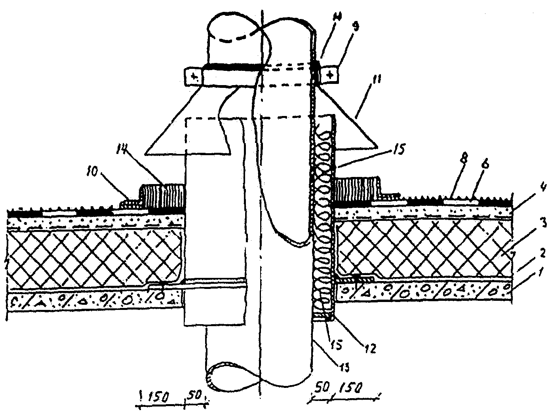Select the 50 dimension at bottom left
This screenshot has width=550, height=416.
194,395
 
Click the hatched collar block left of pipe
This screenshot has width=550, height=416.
162,196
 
